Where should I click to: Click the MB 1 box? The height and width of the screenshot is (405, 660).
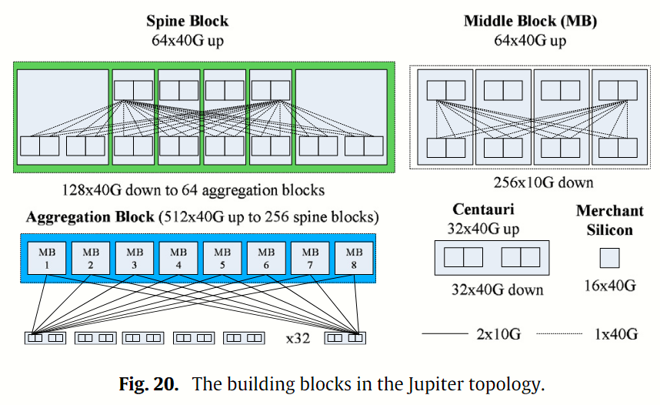click(x=46, y=257)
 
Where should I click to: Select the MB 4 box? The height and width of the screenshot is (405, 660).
click(x=178, y=257)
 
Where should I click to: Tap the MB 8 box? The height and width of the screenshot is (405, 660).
click(x=353, y=257)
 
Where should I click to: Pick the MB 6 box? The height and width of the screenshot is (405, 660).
click(x=265, y=257)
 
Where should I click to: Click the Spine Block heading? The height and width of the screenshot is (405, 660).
click(x=187, y=21)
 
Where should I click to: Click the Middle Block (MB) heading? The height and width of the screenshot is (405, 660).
click(x=530, y=21)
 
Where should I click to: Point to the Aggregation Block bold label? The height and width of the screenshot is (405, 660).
click(x=89, y=217)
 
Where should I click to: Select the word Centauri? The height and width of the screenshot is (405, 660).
click(x=483, y=209)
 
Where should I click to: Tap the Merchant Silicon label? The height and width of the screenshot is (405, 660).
click(x=609, y=219)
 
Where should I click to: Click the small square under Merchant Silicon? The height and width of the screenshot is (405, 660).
click(x=609, y=257)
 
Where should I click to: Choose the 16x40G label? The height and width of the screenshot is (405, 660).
click(x=609, y=286)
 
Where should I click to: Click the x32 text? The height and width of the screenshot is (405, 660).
click(x=298, y=338)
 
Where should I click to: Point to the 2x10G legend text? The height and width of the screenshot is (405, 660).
click(x=499, y=333)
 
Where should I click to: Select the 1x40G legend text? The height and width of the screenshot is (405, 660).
click(x=615, y=333)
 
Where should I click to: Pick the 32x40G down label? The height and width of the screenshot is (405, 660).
click(x=497, y=290)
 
